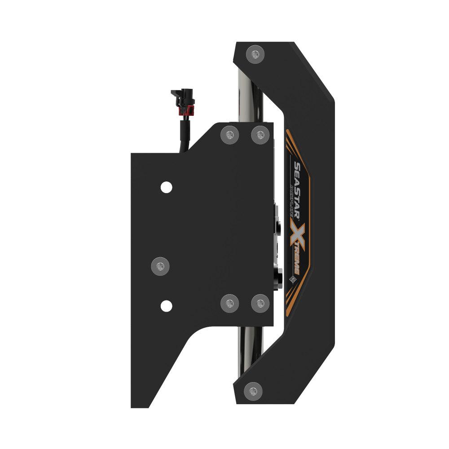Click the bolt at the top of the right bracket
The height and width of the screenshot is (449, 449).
tap(255, 55)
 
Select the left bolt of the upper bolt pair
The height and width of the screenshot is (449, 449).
tap(230, 134)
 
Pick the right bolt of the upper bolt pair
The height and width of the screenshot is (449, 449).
tap(260, 134)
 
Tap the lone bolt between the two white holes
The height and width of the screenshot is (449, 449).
tap(161, 267)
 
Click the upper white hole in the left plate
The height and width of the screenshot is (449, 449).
tap(166, 187)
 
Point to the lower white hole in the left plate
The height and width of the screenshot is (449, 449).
tap(166, 306)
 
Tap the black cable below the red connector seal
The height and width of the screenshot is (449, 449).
tap(184, 135)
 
